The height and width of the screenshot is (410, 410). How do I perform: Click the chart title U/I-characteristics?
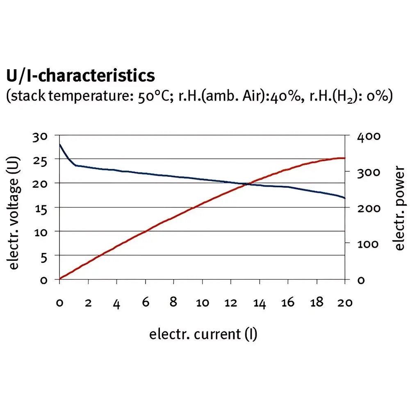coord(81,76)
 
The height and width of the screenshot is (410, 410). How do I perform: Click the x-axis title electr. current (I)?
coord(203,334)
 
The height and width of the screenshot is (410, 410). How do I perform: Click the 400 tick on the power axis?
coord(369,137)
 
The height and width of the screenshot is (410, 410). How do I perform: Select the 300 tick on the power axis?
coord(369,172)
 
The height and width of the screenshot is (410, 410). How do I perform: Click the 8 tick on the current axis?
coord(173,303)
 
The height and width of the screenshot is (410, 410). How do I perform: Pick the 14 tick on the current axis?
coord(260,303)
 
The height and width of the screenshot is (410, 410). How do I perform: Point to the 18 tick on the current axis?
coord(317,303)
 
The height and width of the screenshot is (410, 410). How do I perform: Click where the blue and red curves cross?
coord(245,184)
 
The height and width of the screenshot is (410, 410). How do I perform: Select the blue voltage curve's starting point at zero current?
coord(60,144)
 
